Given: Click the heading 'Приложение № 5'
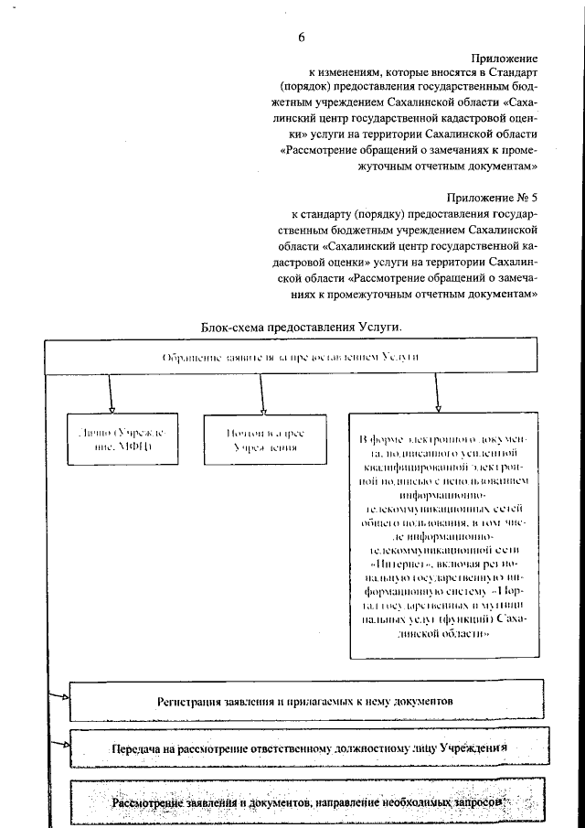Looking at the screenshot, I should pyautogui.click(x=491, y=197).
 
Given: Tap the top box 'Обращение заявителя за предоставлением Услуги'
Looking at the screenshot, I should pyautogui.click(x=290, y=357).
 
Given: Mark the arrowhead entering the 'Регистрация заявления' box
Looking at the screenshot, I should pyautogui.click(x=65, y=697).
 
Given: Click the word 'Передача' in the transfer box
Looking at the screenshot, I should pyautogui.click(x=137, y=749).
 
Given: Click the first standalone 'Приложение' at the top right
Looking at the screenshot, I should pyautogui.click(x=505, y=57).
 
